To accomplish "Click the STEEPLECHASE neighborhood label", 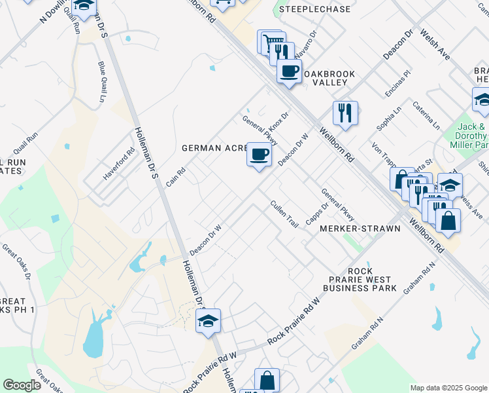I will (314, 10).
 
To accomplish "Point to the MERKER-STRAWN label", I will (350, 229).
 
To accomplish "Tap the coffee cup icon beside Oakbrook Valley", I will (288, 71).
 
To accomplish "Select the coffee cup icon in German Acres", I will (259, 155).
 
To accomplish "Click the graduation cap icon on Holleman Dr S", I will (209, 321).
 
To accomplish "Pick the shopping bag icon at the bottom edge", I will (267, 380).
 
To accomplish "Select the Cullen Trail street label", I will (284, 214).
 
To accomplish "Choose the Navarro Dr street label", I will (304, 43).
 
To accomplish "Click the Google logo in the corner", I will (22, 385).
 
